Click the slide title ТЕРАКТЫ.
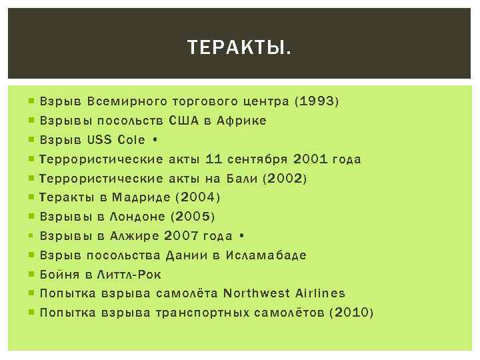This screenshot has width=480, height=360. pyautogui.click(x=239, y=48)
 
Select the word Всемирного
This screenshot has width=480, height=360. pyautogui.click(x=127, y=102)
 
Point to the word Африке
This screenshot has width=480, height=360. pyautogui.click(x=241, y=121)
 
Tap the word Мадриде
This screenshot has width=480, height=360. pyautogui.click(x=140, y=197)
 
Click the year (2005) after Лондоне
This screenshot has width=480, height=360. pyautogui.click(x=193, y=217)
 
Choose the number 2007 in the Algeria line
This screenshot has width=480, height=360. pyautogui.click(x=180, y=236)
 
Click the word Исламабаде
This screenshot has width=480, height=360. pyautogui.click(x=266, y=255)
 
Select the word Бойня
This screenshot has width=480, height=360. pyautogui.click(x=56, y=274)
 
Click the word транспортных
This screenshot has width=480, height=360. pyautogui.click(x=202, y=313)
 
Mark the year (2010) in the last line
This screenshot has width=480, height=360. pyautogui.click(x=352, y=313)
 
